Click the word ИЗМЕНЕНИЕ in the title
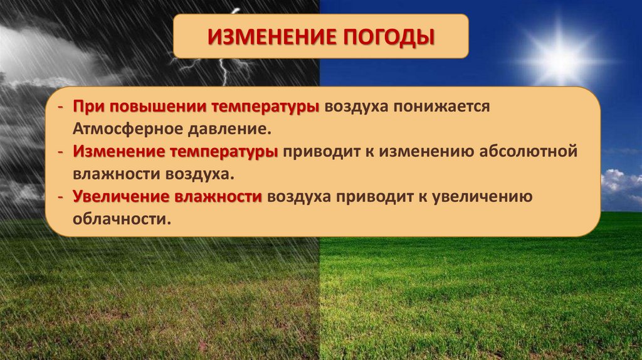[x=272, y=37]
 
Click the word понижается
[x=442, y=107]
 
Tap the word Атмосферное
[x=128, y=129]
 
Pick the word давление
[x=230, y=129]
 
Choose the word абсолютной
[x=528, y=151]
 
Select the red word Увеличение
[x=121, y=196]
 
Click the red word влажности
[x=218, y=196]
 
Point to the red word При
[x=88, y=107]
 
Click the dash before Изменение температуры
[x=61, y=152]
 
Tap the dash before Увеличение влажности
[x=61, y=197]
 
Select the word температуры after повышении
[x=266, y=107]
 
